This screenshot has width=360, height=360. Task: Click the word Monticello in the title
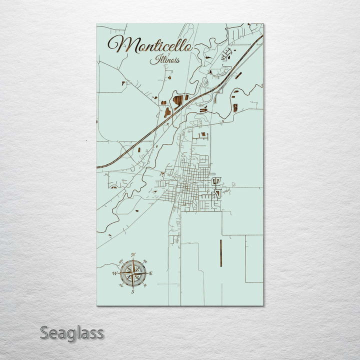click(x=150, y=45)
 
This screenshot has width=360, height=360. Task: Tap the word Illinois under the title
click(x=165, y=60)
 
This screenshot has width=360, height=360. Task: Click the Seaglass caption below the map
click(x=72, y=332)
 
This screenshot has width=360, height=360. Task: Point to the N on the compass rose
click(x=133, y=255)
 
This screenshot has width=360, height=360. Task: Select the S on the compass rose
click(x=132, y=291)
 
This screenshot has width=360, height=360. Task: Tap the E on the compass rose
click(x=150, y=273)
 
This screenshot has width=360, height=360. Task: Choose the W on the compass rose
click(x=114, y=273)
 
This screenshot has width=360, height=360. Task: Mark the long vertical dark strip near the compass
click(x=220, y=252)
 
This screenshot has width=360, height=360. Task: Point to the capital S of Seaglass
click(x=45, y=332)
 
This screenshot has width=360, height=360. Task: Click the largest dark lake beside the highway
click(x=178, y=100)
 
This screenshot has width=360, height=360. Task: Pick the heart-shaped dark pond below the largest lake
click(x=167, y=112)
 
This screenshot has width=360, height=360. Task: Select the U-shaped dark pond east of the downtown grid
click(x=216, y=180)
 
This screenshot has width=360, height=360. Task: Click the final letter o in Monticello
click(x=187, y=47)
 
